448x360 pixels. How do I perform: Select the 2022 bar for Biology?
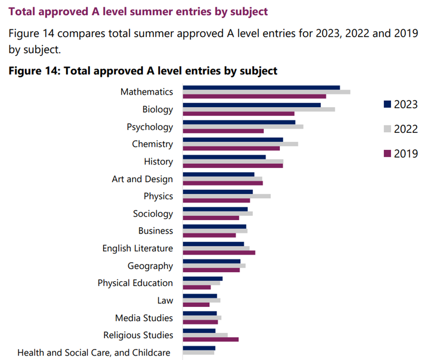258,109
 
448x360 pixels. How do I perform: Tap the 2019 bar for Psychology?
223,131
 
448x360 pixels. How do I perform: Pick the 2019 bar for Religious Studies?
210,340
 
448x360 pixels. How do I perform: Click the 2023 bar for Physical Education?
202,279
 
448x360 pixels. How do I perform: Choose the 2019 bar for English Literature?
219,253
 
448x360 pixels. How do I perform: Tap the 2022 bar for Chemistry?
240,144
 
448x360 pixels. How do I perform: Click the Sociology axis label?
153,214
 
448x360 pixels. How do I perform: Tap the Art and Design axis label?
142,179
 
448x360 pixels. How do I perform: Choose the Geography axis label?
150,266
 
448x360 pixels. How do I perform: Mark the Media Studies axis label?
144,318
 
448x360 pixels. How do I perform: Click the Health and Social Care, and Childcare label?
94,353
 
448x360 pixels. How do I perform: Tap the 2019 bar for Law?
196,304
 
